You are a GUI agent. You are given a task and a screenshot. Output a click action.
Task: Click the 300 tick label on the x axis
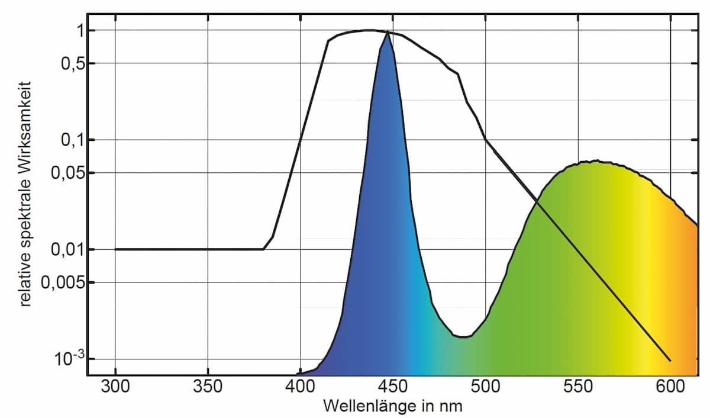pos(115,387)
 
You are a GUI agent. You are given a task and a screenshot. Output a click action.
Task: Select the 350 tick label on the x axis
pos(208,387)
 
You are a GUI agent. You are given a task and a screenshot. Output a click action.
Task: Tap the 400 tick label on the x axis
pos(300,387)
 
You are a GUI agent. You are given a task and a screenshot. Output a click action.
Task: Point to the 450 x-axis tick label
pos(393,387)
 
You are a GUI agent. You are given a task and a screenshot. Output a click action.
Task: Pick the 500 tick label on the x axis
pos(485,387)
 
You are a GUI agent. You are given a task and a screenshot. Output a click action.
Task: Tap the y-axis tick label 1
pos(74,31)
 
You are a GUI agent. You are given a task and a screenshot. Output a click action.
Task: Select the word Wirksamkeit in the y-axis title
pos(25,121)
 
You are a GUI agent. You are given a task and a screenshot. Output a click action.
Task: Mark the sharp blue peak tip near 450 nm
pos(388,33)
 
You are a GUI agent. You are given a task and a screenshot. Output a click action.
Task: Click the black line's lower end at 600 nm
pos(670,360)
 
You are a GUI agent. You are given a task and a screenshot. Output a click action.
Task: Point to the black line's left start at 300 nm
pos(115,249)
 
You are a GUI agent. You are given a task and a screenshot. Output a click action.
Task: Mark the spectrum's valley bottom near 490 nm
pos(464,337)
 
